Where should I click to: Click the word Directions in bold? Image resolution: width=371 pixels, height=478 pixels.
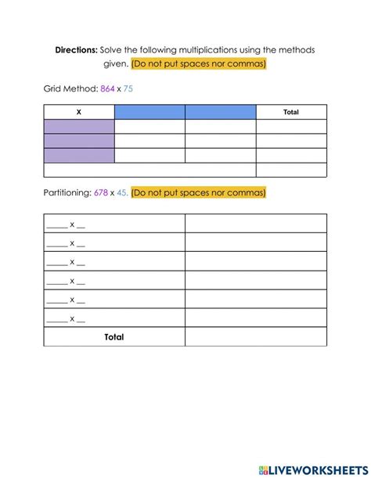pos(76,49)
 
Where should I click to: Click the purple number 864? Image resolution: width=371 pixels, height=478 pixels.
pos(109,89)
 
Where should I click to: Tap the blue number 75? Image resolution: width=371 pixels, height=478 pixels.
pos(128,89)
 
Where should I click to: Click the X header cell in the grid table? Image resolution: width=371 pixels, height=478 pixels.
pos(79,112)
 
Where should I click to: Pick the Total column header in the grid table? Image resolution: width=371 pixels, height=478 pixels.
pos(290,112)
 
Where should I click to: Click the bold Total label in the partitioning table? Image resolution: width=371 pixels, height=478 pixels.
pos(114,337)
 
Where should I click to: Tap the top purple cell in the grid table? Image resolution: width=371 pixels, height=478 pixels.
pos(79,127)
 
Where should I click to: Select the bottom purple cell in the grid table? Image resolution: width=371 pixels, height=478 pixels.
pos(79,155)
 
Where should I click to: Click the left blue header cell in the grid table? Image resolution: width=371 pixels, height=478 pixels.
pos(149,112)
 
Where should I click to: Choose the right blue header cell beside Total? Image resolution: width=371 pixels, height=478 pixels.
pos(220,112)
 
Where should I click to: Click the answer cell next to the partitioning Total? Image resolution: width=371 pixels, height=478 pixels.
pos(256,337)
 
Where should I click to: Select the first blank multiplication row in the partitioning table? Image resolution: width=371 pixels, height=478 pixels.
pos(114,224)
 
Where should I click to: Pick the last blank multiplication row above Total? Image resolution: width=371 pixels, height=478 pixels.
pos(114,318)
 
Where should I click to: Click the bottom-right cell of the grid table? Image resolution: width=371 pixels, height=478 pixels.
pos(291,170)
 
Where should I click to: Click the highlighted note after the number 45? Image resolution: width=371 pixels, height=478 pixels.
pos(199,192)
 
